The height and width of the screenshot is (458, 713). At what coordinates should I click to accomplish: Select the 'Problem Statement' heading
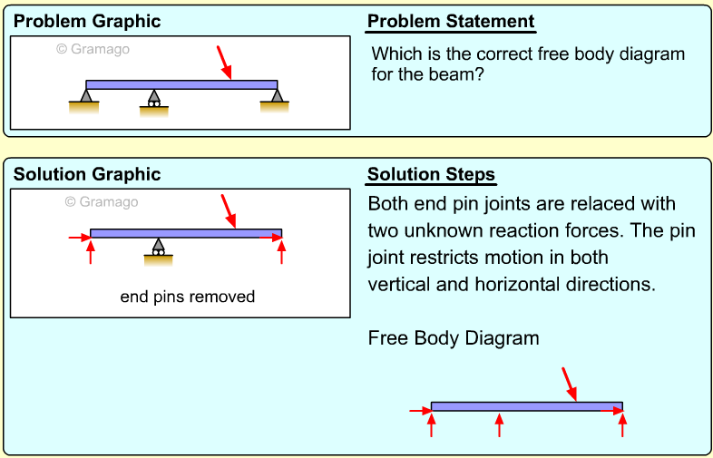pos(451,22)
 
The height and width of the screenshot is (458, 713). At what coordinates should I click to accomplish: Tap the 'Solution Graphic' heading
pos(87,174)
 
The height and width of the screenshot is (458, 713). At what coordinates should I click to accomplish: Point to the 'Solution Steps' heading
pos(432,174)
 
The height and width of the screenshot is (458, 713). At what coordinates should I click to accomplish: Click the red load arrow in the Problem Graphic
pos(225,63)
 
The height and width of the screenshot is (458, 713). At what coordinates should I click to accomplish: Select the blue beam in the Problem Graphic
pos(181,84)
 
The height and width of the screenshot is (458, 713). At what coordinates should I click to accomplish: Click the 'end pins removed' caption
pos(188,297)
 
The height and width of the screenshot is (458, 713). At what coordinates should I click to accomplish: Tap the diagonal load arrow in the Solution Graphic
pos(229,211)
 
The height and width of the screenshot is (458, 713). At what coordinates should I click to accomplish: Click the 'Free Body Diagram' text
pos(454,338)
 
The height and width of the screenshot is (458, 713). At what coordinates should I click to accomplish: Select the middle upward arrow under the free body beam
pos(499,424)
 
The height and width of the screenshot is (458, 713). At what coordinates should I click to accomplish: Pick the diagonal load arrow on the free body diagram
pos(569,383)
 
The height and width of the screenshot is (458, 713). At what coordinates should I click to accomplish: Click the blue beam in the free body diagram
pos(526,405)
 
